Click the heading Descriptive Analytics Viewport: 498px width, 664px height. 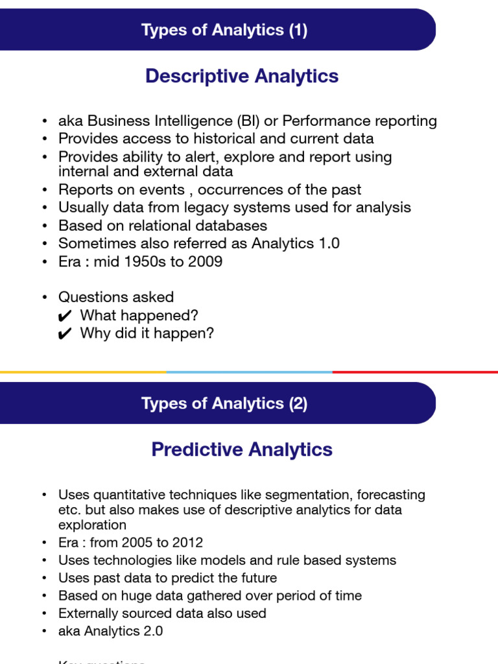(242, 76)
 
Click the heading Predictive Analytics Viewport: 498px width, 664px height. (242, 449)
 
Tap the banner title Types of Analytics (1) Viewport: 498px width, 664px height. (224, 30)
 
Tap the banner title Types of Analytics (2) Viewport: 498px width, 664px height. (224, 403)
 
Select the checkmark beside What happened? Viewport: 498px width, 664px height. (65, 316)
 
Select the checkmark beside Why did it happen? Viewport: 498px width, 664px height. (65, 334)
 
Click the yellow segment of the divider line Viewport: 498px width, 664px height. (83, 372)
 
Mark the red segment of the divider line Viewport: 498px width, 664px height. (415, 372)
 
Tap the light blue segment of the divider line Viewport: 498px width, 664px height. (249, 372)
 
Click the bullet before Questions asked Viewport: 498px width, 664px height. (44, 298)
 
